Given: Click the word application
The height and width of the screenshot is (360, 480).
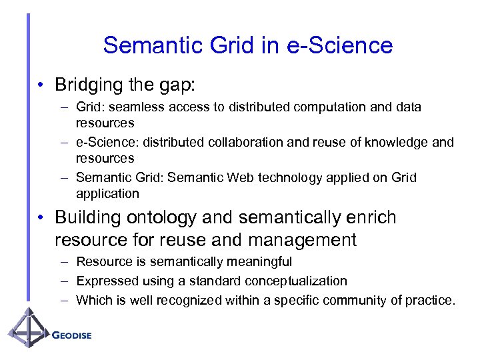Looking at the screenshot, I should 107,194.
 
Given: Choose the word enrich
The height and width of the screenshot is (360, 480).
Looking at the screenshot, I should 371,219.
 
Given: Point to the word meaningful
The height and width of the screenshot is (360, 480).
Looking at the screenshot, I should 256,262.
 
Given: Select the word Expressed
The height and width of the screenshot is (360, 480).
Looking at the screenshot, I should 103,281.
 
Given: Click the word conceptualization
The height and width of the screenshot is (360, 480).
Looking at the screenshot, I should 291,281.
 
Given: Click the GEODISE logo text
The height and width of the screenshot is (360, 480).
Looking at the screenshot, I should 72,335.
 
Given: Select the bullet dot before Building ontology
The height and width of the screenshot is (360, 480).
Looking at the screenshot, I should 41,219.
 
